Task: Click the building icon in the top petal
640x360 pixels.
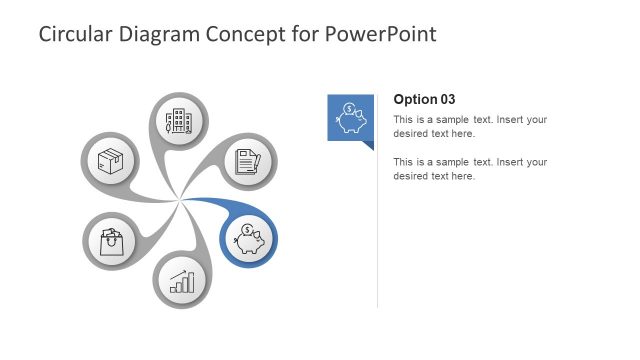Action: pyautogui.click(x=179, y=122)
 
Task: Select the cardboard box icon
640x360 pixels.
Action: pyautogui.click(x=109, y=160)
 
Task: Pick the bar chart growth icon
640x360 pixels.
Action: pyautogui.click(x=181, y=281)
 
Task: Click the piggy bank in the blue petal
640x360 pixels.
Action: pyautogui.click(x=249, y=241)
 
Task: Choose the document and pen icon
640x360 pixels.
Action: pyautogui.click(x=248, y=161)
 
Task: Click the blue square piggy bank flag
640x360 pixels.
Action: pyautogui.click(x=350, y=117)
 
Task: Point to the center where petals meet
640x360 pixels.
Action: pyautogui.click(x=180, y=201)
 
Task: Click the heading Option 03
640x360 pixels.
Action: pyautogui.click(x=424, y=99)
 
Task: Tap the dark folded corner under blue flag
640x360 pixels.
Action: pyautogui.click(x=368, y=145)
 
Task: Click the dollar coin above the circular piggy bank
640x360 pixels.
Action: pyautogui.click(x=245, y=231)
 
